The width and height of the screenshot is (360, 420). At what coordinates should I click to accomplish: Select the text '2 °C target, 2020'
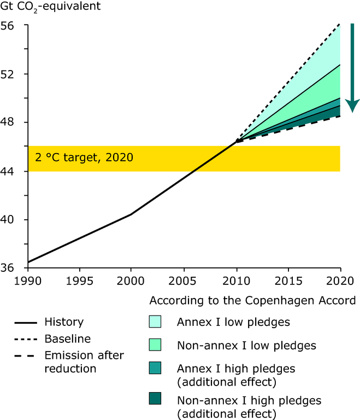(x=84, y=158)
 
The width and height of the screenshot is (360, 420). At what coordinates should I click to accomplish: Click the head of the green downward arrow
(x=353, y=106)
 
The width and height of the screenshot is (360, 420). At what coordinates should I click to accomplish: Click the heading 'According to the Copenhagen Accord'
(x=252, y=301)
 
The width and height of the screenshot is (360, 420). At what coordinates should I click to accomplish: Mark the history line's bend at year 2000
(x=131, y=214)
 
